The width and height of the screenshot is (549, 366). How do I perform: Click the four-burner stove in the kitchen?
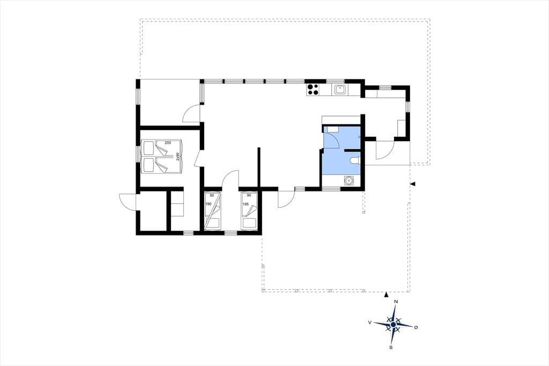313,90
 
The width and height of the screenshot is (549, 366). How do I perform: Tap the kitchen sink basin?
339,90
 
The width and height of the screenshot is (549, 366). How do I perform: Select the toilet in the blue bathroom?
355,160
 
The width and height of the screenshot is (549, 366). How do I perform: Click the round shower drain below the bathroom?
349,180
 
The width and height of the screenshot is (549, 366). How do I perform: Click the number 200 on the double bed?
168,143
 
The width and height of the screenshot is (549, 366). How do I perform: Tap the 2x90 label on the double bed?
178,157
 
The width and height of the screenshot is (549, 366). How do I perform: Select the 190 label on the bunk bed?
209,204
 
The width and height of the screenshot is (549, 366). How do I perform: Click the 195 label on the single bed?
246,204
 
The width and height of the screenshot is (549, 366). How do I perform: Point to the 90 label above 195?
249,196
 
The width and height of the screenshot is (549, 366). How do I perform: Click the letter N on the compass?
396,302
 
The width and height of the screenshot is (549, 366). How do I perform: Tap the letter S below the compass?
391,347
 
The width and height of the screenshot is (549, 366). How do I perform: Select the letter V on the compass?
370,323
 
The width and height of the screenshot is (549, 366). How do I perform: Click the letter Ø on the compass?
416,327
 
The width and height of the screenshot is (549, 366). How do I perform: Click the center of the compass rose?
393,325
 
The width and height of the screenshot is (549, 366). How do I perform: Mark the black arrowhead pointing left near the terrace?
413,184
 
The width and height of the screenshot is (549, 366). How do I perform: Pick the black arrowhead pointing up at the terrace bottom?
386,295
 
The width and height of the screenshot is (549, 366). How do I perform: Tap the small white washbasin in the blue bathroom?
332,129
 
